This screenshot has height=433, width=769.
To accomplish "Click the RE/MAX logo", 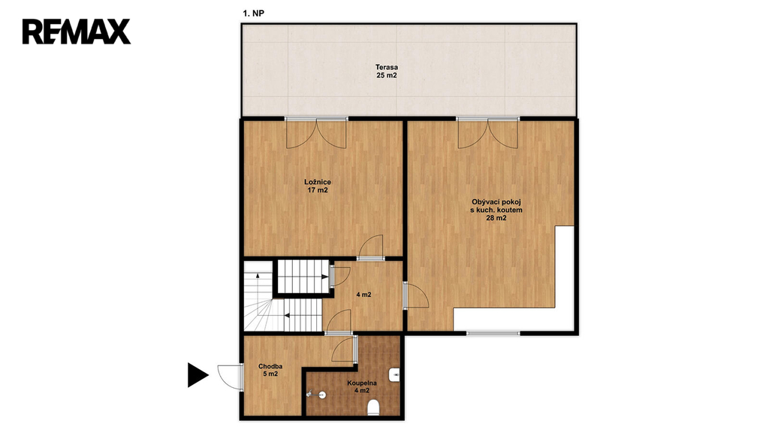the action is (77, 32).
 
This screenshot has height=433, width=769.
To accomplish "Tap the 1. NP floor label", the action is (254, 14).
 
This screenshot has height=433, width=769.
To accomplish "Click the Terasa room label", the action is (387, 67).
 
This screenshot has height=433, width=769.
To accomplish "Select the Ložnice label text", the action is (318, 182).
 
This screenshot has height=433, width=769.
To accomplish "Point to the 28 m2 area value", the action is (496, 219).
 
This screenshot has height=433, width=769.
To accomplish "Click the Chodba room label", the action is (270, 366).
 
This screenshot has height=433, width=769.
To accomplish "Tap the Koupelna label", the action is (362, 383).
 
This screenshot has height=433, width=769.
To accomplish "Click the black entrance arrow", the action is (198, 376).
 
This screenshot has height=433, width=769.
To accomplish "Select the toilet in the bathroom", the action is (374, 407).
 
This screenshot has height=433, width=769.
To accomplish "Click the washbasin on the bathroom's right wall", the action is (395, 376).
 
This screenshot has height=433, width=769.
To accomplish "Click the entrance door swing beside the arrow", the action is (229, 377).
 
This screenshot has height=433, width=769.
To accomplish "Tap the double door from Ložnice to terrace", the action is (316, 132).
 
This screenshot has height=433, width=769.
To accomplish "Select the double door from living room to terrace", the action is (488, 132).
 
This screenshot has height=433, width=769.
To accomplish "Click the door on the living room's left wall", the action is (417, 295).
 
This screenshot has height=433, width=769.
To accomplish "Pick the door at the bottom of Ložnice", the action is (371, 247).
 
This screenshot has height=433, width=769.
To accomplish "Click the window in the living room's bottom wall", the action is (493, 333).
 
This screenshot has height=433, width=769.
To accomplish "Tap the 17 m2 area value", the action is (318, 190).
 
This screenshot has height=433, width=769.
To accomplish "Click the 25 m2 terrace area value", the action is (387, 76).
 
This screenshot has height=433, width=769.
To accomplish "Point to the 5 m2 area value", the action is (270, 374).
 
